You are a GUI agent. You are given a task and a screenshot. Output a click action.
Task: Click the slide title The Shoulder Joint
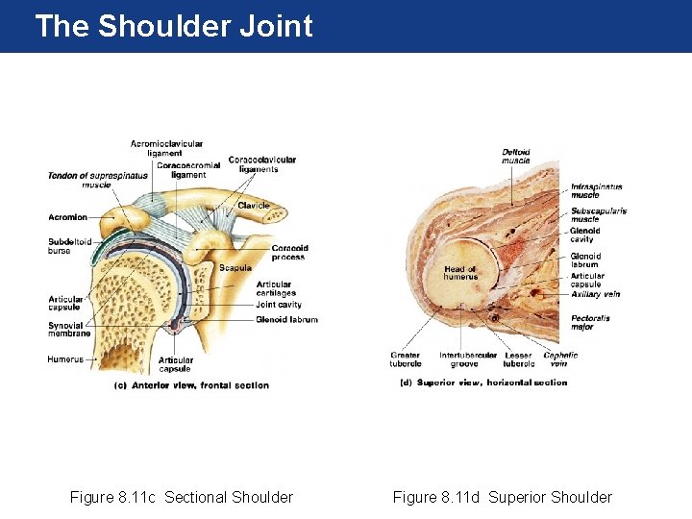[x=174, y=26]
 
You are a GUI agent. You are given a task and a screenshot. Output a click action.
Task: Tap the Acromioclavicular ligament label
[x=166, y=148]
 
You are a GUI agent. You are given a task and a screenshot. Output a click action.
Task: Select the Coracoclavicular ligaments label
[x=261, y=164]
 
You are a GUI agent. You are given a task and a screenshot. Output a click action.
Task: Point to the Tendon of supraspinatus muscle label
[x=98, y=179]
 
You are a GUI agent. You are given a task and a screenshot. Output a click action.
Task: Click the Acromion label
[x=67, y=217]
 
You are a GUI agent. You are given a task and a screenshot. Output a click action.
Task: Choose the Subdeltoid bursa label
[x=69, y=246]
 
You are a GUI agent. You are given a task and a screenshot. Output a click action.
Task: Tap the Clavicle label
[x=254, y=206]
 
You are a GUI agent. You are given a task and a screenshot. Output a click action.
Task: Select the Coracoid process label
[x=288, y=253]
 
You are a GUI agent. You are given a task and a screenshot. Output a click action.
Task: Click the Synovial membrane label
[x=69, y=330]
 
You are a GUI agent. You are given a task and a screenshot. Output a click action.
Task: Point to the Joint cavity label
[x=279, y=305]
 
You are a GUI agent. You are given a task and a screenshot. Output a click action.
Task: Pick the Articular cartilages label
[x=276, y=288]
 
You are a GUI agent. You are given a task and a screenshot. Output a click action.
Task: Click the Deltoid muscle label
[x=516, y=156]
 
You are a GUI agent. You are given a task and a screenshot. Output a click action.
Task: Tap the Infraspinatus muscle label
[x=596, y=191]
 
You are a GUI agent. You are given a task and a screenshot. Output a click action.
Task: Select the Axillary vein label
[x=596, y=295]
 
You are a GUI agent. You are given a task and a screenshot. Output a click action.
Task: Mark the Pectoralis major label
[x=590, y=322]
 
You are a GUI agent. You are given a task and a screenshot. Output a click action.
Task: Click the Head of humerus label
[x=460, y=273]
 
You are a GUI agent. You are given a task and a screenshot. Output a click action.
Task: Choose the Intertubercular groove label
[x=468, y=359]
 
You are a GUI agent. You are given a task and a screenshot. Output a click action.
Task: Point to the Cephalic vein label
[x=560, y=359]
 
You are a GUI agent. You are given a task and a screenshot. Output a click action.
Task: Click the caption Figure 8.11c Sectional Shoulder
[x=182, y=497]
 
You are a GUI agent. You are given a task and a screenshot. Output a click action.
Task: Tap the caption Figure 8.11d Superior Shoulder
[x=502, y=497]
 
